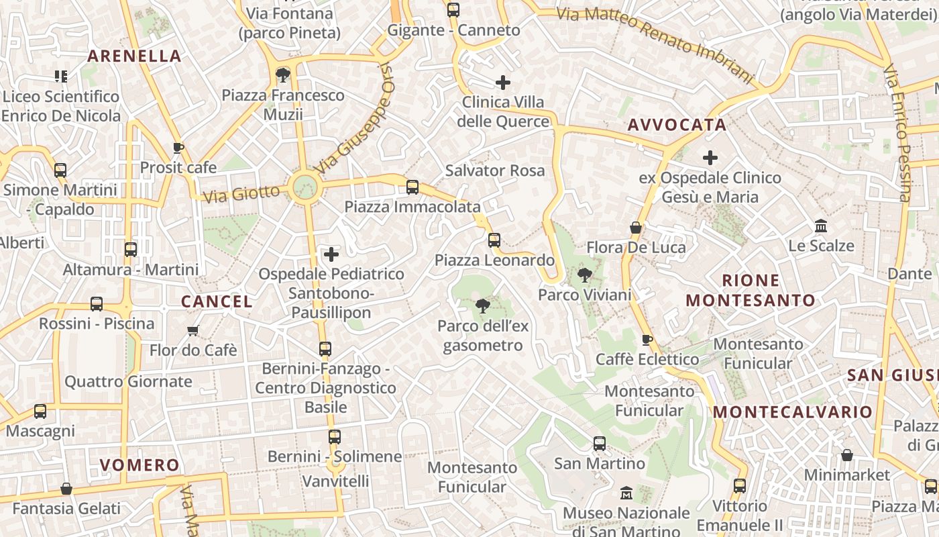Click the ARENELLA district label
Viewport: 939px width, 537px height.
pyautogui.click(x=134, y=56)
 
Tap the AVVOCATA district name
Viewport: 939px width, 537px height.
pyautogui.click(x=677, y=125)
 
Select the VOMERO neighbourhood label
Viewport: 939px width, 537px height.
pyautogui.click(x=140, y=465)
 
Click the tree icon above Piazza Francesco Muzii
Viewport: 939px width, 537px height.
pyautogui.click(x=283, y=75)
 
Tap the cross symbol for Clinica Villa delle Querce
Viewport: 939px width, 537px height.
pyautogui.click(x=502, y=83)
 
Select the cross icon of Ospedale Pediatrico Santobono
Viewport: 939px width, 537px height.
pyautogui.click(x=331, y=254)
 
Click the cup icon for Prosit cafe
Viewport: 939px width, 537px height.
pyautogui.click(x=178, y=148)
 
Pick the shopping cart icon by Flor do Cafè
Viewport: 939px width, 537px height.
pyautogui.click(x=193, y=330)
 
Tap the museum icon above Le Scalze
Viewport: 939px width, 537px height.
pyautogui.click(x=821, y=226)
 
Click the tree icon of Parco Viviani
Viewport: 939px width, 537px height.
pyautogui.click(x=584, y=275)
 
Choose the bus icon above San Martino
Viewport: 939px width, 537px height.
pyautogui.click(x=599, y=444)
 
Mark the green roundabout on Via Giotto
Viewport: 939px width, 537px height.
pyautogui.click(x=305, y=185)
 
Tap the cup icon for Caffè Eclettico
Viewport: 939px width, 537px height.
pyautogui.click(x=647, y=340)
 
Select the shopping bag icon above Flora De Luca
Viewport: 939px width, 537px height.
pyautogui.click(x=636, y=228)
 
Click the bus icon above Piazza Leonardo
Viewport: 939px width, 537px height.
pyautogui.click(x=494, y=240)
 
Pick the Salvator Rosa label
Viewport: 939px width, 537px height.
pyautogui.click(x=495, y=170)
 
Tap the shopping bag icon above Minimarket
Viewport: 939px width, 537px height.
pyautogui.click(x=847, y=455)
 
